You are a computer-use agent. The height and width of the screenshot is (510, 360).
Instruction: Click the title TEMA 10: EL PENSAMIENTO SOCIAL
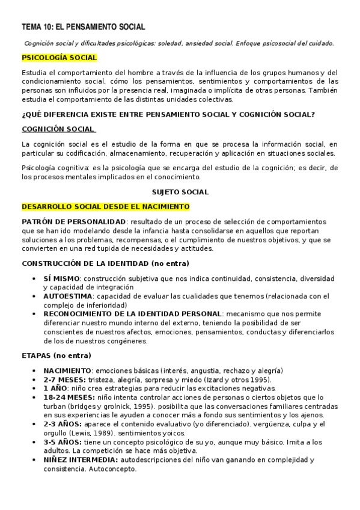click(x=84, y=28)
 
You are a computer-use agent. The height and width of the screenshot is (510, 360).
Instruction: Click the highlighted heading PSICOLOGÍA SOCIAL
click(x=59, y=58)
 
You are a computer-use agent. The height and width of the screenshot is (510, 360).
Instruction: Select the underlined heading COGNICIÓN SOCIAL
click(x=58, y=129)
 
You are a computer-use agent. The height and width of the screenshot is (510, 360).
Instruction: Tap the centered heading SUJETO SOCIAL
click(x=180, y=192)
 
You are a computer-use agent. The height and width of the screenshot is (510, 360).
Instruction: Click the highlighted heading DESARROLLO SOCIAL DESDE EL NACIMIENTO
click(x=105, y=206)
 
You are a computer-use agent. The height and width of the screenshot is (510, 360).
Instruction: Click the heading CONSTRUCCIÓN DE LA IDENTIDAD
click(x=105, y=263)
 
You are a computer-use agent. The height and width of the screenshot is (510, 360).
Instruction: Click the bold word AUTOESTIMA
click(x=68, y=296)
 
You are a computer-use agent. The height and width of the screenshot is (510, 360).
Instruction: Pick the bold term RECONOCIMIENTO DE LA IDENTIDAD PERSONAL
click(x=132, y=313)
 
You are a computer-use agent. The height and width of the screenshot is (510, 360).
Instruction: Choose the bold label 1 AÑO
click(x=56, y=389)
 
